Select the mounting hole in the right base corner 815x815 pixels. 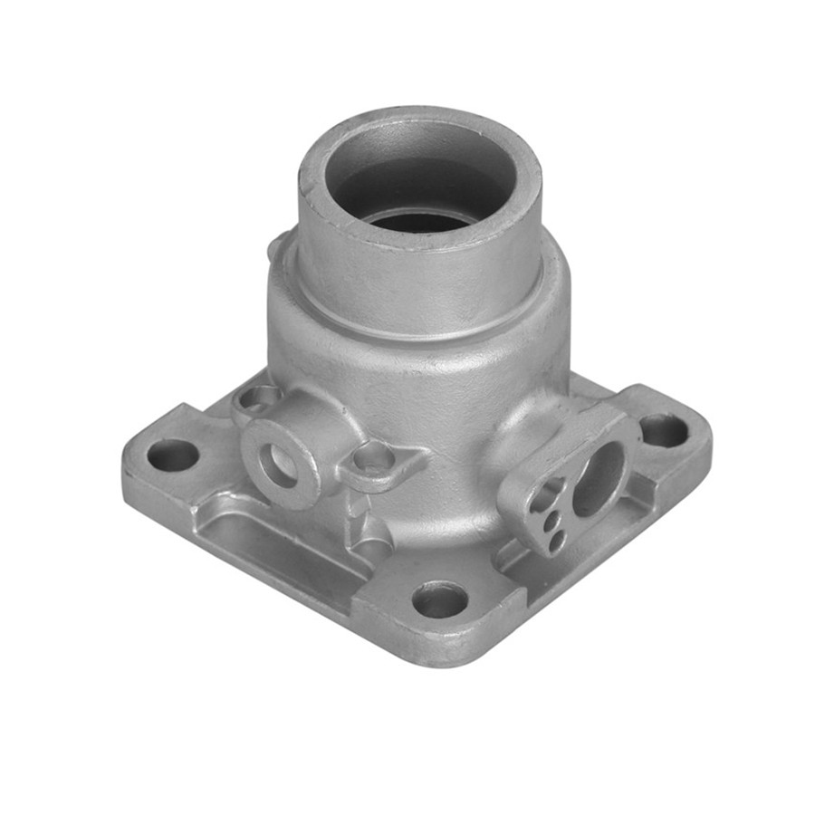pyautogui.click(x=664, y=430)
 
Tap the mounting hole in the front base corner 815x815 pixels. pyautogui.click(x=440, y=599)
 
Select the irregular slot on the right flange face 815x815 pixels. pyautogui.click(x=548, y=496)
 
